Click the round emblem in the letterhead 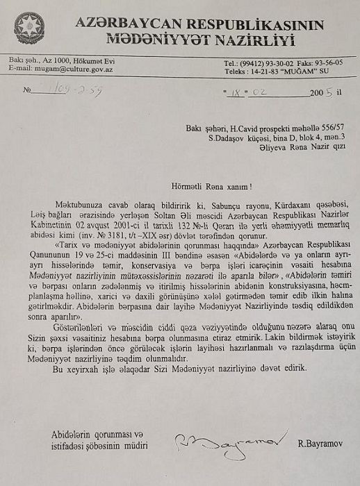coord(29,27)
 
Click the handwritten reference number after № coord(79,90)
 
